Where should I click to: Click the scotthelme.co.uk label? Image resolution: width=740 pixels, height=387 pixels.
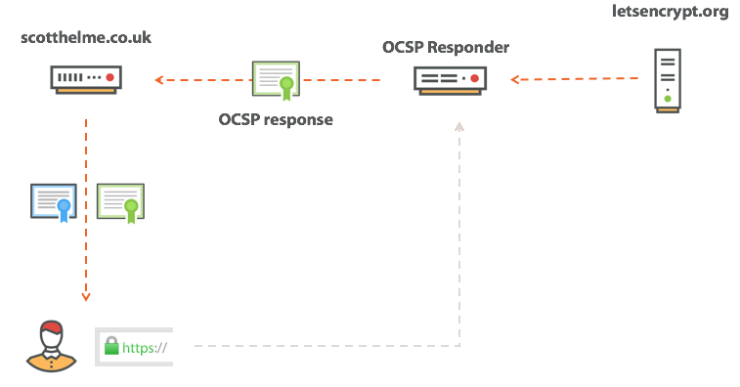(x=86, y=38)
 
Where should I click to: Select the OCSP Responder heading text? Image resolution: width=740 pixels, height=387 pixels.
(x=446, y=46)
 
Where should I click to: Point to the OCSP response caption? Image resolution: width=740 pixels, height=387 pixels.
(x=276, y=120)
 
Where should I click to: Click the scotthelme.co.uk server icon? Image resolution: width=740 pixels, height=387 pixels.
(x=87, y=77)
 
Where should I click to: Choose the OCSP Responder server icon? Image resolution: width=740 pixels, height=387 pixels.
(x=450, y=79)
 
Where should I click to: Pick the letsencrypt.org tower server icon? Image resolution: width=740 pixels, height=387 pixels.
(x=667, y=81)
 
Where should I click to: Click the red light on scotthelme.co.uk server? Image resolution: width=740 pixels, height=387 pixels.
(x=110, y=75)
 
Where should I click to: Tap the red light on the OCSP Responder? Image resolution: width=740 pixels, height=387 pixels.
(x=474, y=76)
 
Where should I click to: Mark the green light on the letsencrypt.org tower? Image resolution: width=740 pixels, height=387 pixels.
(x=667, y=98)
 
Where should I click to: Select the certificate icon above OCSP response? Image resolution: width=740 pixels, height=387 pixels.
(x=277, y=80)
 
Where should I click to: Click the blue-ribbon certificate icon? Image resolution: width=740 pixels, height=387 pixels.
(x=54, y=201)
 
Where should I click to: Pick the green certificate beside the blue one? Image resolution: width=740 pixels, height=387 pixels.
(x=120, y=201)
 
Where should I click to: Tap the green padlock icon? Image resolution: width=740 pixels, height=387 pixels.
(x=111, y=345)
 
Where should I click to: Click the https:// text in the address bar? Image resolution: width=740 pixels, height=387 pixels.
(x=145, y=346)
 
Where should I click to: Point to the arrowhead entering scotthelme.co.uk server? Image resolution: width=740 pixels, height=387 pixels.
(x=157, y=79)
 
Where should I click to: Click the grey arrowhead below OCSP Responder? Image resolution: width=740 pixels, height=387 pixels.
(x=457, y=127)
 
